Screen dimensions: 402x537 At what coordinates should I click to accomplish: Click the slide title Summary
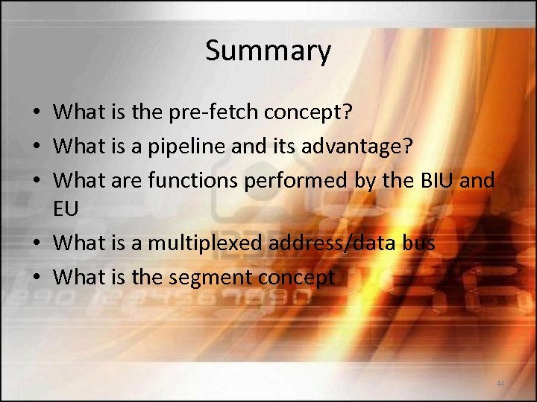(x=268, y=51)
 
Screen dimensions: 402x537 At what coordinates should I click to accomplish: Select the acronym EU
(x=66, y=209)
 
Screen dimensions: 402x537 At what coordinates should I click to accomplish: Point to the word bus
(x=420, y=243)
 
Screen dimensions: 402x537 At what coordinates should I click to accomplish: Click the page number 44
(x=500, y=383)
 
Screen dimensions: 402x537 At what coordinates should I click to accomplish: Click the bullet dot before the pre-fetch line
(x=36, y=113)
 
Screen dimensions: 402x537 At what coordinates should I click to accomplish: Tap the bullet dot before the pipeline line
(x=36, y=147)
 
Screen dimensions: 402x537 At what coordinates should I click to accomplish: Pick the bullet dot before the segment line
(x=36, y=278)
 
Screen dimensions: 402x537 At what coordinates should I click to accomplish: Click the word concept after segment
(x=297, y=278)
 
